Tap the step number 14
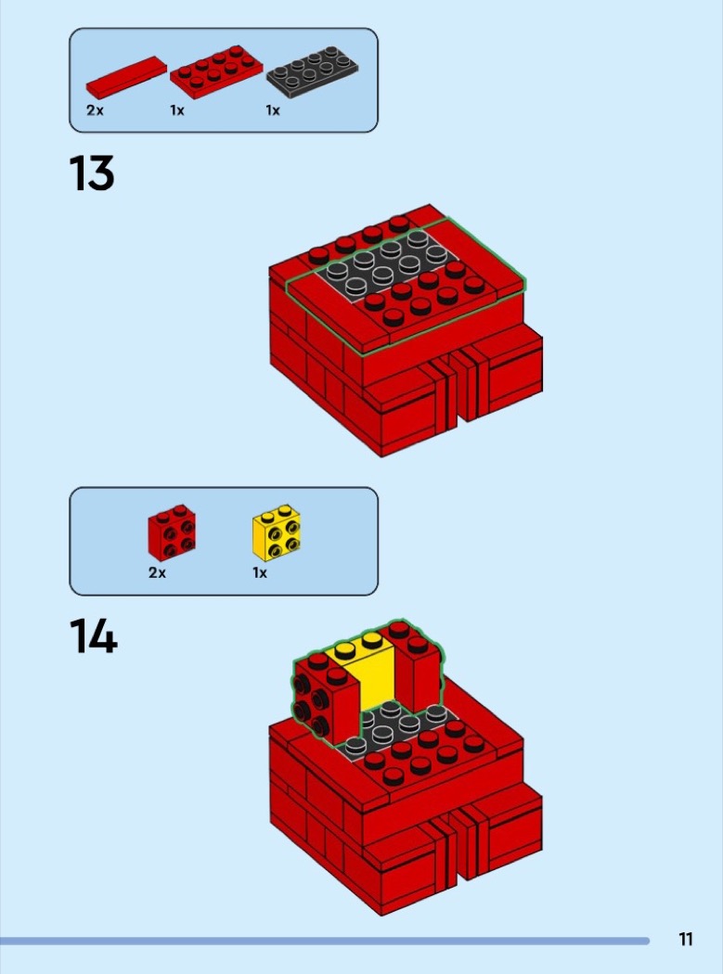pyautogui.click(x=93, y=635)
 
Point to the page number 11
pyautogui.click(x=686, y=939)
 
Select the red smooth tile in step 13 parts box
pyautogui.click(x=126, y=78)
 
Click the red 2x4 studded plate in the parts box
pyautogui.click(x=215, y=72)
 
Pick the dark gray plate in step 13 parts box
pyautogui.click(x=312, y=72)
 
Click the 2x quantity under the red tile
pyautogui.click(x=95, y=110)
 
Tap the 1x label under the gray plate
pyautogui.click(x=273, y=110)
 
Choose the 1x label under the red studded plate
pyautogui.click(x=177, y=110)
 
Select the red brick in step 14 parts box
pyautogui.click(x=172, y=532)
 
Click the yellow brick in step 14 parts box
pyautogui.click(x=276, y=532)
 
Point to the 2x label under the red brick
pyautogui.click(x=157, y=572)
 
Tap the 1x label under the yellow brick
pyautogui.click(x=260, y=572)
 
